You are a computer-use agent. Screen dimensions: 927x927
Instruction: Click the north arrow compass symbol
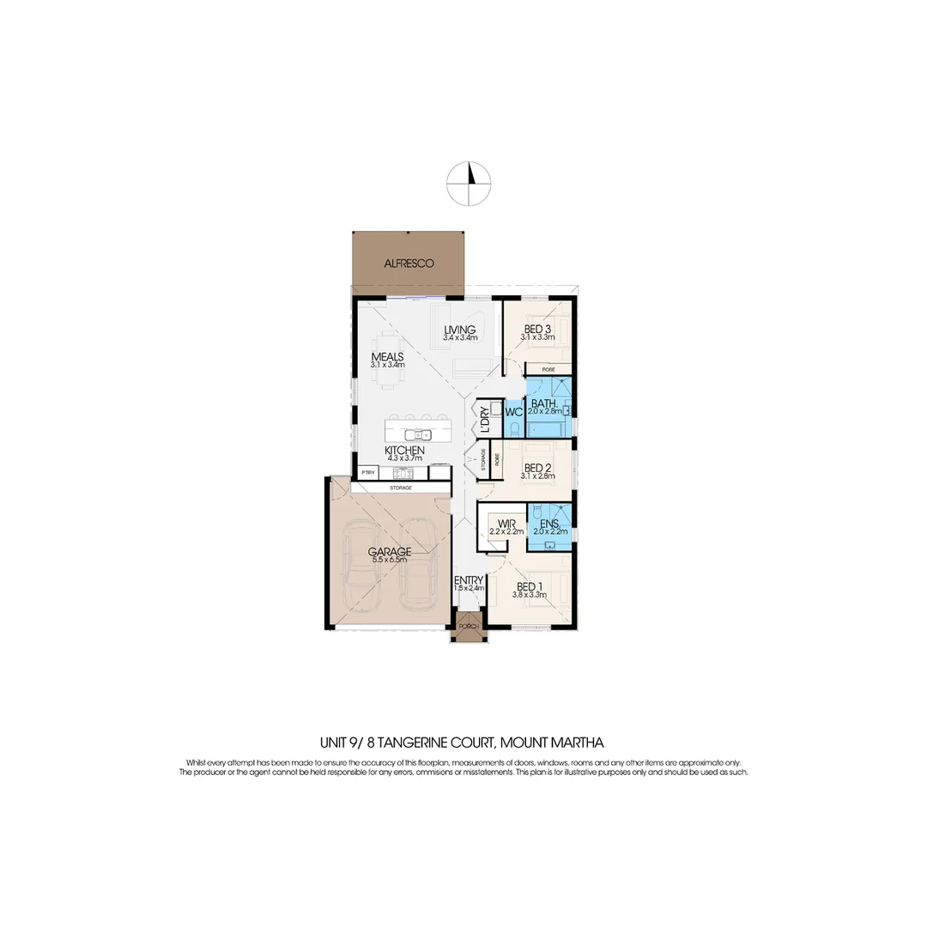pyautogui.click(x=470, y=183)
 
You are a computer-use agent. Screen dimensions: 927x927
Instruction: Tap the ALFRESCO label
pyautogui.click(x=409, y=263)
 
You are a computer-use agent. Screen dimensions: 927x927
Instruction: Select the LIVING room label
pyautogui.click(x=460, y=330)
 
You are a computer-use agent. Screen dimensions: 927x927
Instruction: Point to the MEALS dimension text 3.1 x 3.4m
pyautogui.click(x=387, y=365)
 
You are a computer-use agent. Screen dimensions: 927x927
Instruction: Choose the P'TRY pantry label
pyautogui.click(x=368, y=472)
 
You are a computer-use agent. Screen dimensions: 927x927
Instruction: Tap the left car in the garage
pyautogui.click(x=361, y=574)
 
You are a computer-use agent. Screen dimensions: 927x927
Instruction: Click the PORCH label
pyautogui.click(x=468, y=627)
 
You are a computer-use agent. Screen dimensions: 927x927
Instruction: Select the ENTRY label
pyautogui.click(x=470, y=580)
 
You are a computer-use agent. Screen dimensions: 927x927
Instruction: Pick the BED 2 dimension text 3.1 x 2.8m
pyautogui.click(x=536, y=477)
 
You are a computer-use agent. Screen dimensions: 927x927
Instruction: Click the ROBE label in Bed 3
pyautogui.click(x=548, y=369)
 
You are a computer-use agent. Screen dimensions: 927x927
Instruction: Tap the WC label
pyautogui.click(x=513, y=412)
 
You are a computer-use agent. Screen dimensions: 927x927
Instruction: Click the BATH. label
pyautogui.click(x=545, y=403)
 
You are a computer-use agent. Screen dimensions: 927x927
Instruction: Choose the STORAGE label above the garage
pyautogui.click(x=401, y=488)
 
